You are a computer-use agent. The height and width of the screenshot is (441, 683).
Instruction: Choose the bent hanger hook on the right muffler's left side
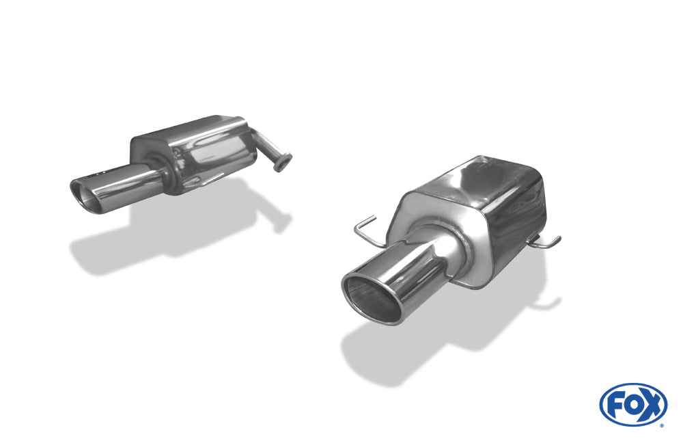click(366, 229)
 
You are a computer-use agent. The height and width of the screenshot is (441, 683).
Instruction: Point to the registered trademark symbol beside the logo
click(662, 425)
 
